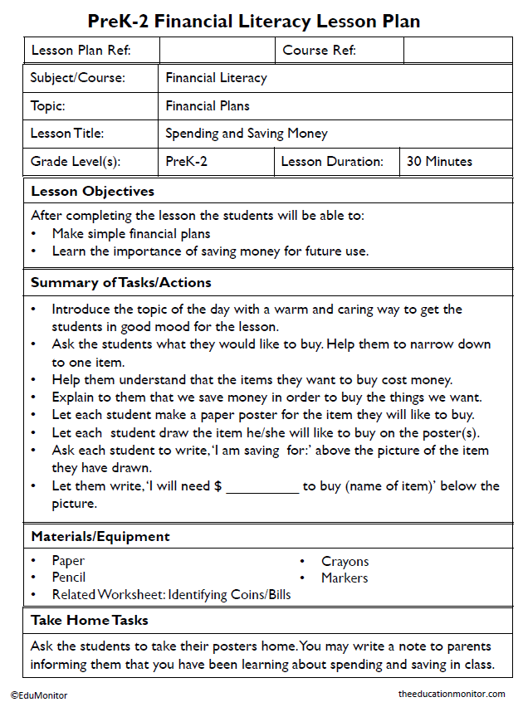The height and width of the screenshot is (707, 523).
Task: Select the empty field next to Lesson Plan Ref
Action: (x=217, y=51)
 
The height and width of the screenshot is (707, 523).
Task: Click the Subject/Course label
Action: (x=78, y=78)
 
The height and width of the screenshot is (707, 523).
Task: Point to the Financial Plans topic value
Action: (x=208, y=106)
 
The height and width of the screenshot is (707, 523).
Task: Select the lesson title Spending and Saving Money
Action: (x=247, y=134)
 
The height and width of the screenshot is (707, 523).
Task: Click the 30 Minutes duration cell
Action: (x=439, y=162)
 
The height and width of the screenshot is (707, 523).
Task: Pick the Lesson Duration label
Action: (x=332, y=162)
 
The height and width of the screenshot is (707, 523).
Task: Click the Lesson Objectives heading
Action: (x=93, y=192)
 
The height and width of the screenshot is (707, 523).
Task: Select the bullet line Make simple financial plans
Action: (x=131, y=234)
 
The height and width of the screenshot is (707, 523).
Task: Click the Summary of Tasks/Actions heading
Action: (x=121, y=283)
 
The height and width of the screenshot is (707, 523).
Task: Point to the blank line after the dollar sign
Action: (x=261, y=487)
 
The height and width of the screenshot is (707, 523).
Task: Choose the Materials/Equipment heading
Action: (x=100, y=537)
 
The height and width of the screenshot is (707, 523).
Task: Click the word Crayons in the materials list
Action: (x=345, y=562)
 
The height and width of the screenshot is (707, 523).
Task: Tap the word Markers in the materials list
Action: (x=345, y=578)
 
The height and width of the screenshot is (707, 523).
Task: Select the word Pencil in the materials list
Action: (x=69, y=578)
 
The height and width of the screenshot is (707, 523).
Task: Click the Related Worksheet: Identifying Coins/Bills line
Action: (x=171, y=595)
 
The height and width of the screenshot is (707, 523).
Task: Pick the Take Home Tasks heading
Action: (x=90, y=621)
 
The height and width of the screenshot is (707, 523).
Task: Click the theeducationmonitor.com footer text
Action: (x=452, y=695)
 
